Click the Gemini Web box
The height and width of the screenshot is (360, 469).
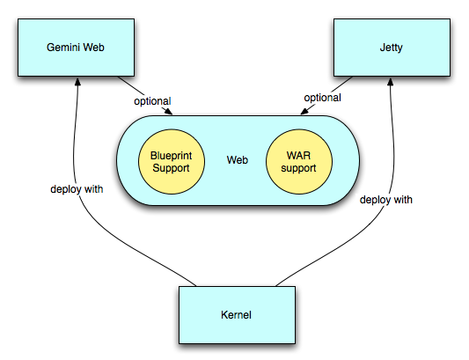point(76,48)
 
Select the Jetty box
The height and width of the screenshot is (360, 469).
point(392,48)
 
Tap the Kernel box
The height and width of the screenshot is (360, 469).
point(238,315)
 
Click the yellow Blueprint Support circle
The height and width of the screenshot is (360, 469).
point(172,162)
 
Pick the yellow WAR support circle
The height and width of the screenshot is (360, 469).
point(299,162)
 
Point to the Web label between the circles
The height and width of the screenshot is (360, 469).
point(238,160)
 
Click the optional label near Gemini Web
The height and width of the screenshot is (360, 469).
point(152,101)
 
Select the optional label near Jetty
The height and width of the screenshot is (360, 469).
point(322,98)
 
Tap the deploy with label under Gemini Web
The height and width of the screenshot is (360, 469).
point(77,189)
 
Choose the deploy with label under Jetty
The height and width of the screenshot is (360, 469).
point(386,200)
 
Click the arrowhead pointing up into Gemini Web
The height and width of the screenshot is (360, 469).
point(77,82)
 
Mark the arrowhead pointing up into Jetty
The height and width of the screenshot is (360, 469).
point(390,82)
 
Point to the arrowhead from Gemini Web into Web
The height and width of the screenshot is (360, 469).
point(169,112)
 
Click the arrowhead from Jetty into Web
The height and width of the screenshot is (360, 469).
point(304,111)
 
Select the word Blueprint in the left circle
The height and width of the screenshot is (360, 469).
point(171,156)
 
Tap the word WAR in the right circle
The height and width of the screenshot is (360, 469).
point(298,155)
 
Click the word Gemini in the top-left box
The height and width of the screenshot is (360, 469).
point(63,48)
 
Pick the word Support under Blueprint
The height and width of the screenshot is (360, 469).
point(171,168)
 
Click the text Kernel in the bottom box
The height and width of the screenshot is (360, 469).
point(236,315)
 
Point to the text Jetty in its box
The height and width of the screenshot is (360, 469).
point(392,48)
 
